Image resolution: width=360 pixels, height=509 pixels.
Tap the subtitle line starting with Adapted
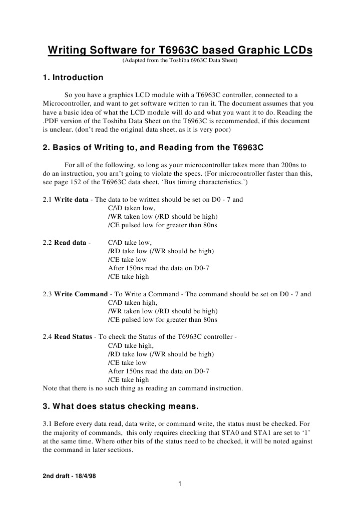(180, 61)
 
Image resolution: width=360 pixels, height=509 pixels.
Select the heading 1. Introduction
(73, 78)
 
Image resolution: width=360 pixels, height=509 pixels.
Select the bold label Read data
(70, 242)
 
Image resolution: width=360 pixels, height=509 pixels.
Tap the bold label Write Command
(81, 294)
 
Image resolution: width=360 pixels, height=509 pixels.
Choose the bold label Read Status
(73, 337)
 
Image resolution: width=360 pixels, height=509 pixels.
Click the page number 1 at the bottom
(179, 483)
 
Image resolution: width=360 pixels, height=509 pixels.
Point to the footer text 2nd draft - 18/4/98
(70, 475)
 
